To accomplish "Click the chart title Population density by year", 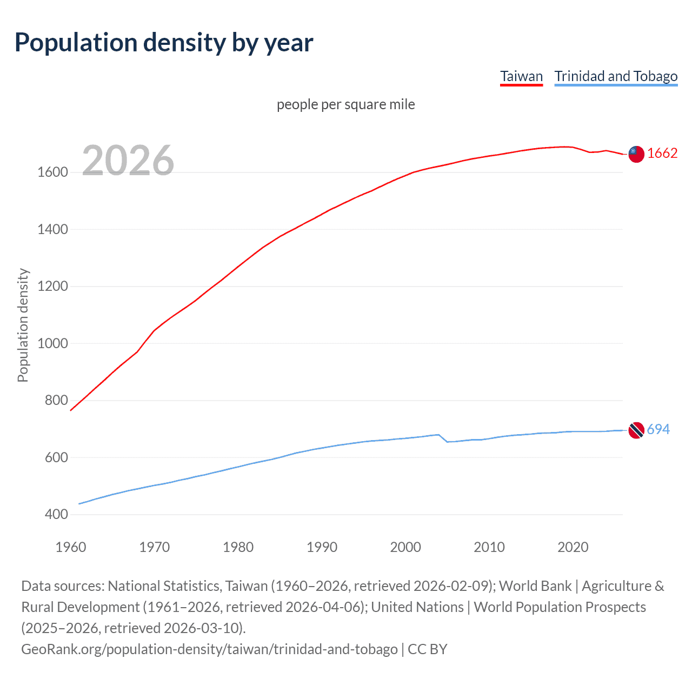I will (164, 43).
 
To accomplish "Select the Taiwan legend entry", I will (521, 76).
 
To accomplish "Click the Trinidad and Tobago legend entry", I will (616, 76).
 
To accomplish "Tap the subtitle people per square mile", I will (345, 104).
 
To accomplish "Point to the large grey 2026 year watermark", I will (128, 161).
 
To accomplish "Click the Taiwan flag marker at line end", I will (636, 154).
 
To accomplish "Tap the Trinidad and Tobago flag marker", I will (636, 430).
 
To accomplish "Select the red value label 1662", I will (662, 154).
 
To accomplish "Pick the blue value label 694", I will (658, 430).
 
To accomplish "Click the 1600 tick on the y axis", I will (52, 172).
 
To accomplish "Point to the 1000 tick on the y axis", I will (52, 343).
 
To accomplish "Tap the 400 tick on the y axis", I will (56, 514).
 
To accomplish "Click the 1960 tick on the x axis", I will (71, 547).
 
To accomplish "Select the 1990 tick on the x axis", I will (322, 547).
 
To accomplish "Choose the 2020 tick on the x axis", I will (573, 547).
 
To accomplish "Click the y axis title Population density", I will (23, 325).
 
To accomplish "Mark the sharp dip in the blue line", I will (447, 441).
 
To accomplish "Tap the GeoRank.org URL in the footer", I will (209, 649).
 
